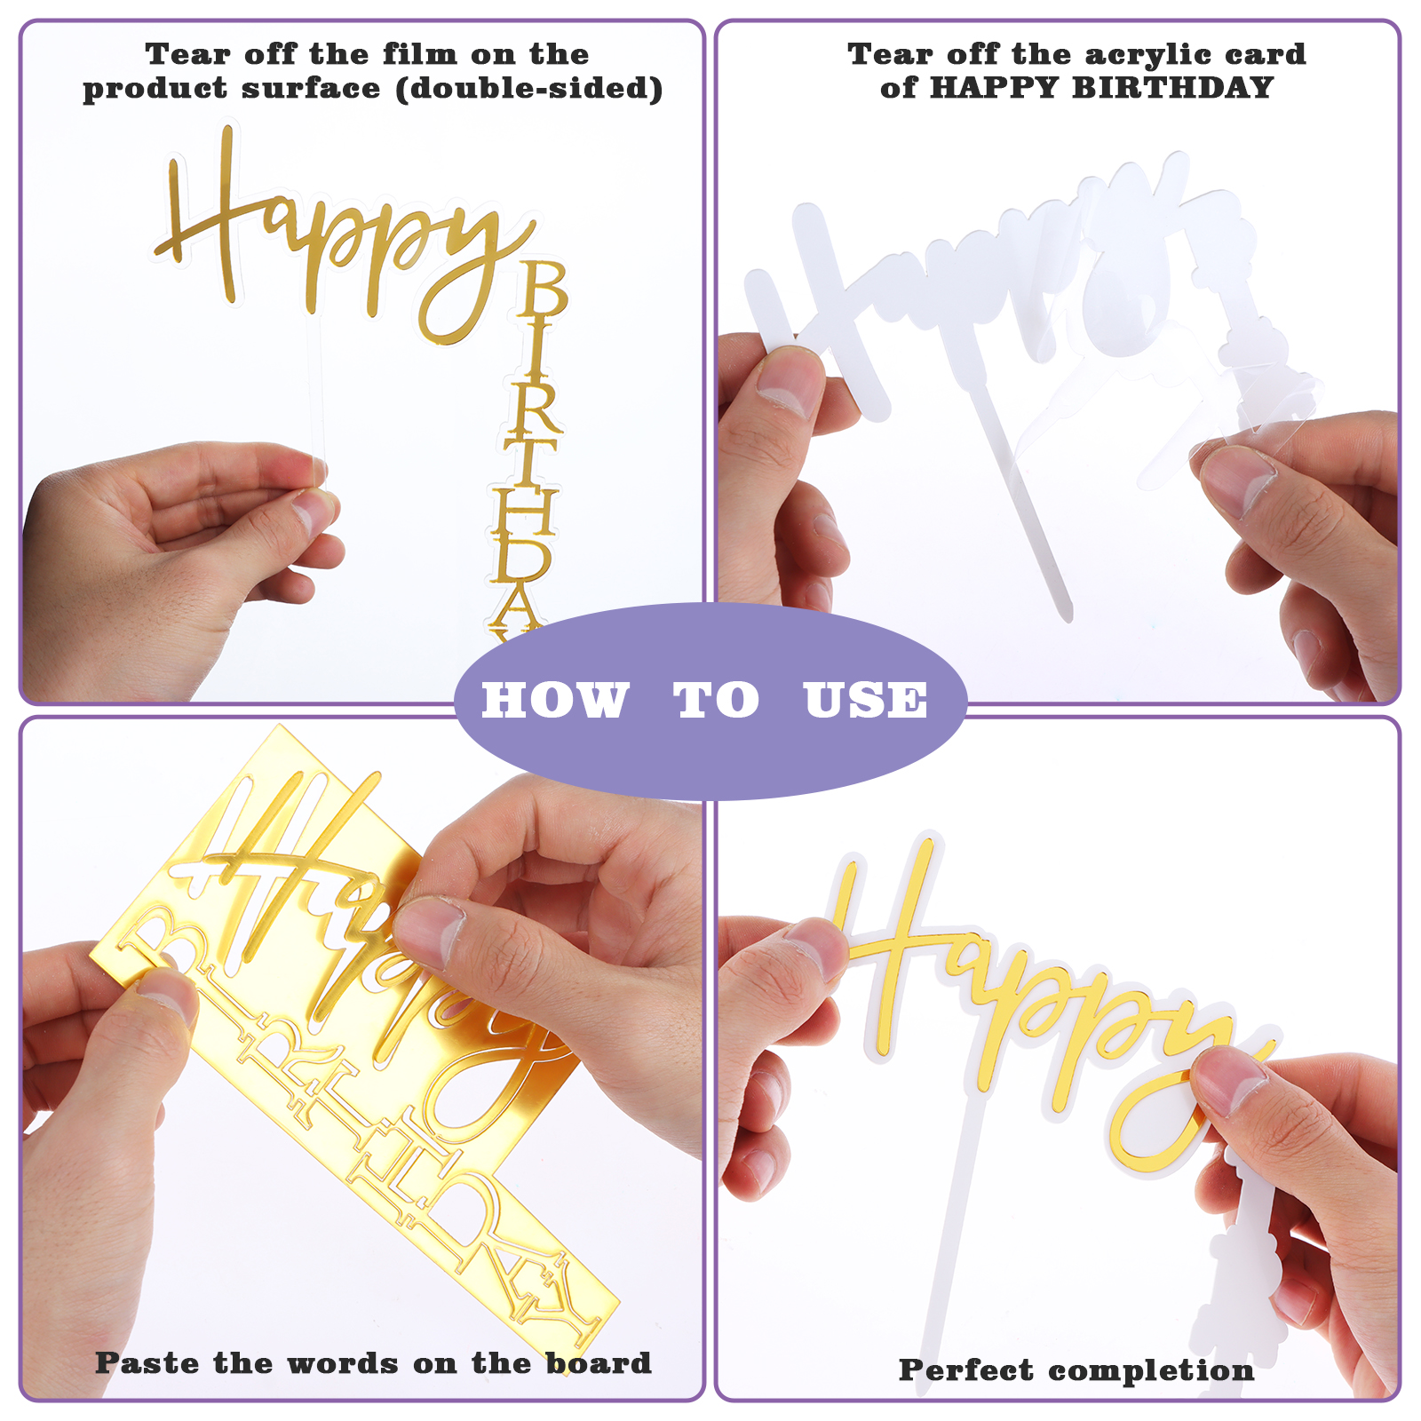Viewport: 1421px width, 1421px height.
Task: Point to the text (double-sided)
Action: pos(529,89)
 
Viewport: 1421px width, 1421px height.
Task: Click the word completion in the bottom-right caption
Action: pos(1151,1371)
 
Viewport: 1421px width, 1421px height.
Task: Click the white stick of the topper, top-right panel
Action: pos(1021,497)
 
